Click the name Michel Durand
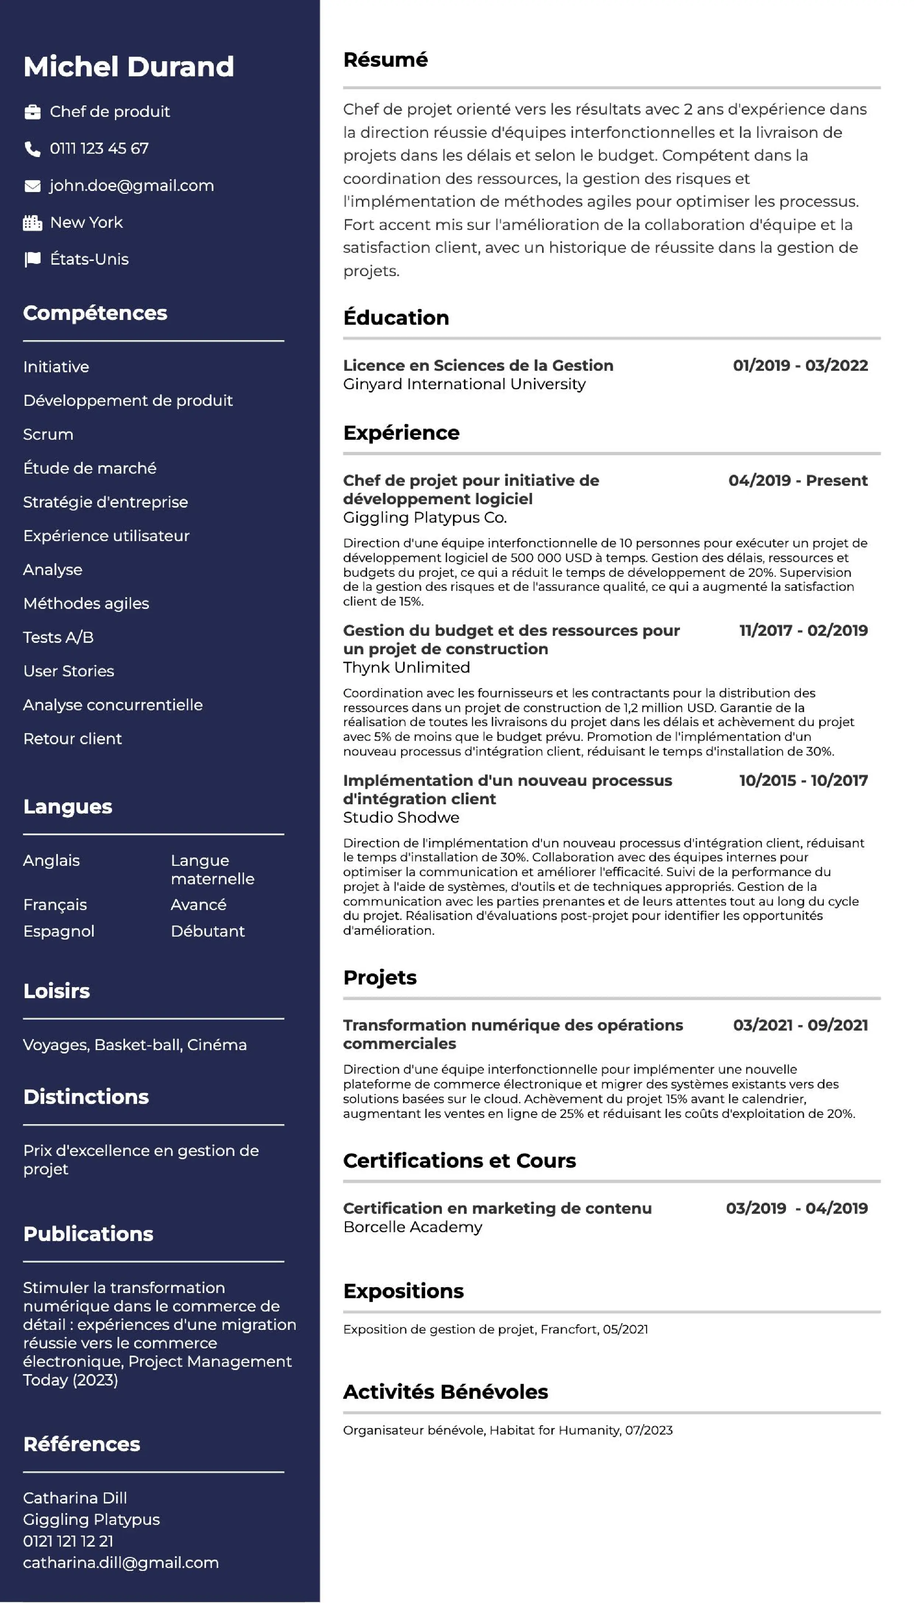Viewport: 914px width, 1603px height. coord(129,66)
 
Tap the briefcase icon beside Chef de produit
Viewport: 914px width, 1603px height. coord(32,112)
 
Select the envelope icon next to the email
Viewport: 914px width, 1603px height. coord(32,186)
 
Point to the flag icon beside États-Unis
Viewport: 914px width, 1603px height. coord(32,259)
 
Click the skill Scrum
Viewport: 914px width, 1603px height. coord(48,434)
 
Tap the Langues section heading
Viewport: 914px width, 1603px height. coord(68,806)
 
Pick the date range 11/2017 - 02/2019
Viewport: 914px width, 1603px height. coord(803,630)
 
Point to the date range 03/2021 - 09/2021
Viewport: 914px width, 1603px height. coord(800,1025)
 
